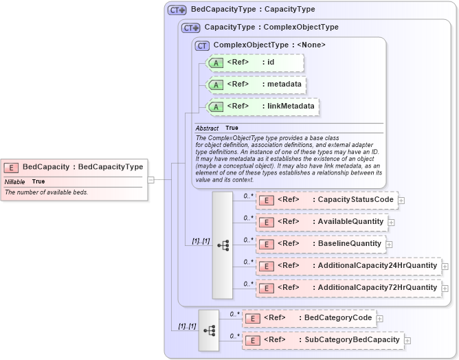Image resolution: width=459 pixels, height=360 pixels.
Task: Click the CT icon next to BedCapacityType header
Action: pyautogui.click(x=178, y=10)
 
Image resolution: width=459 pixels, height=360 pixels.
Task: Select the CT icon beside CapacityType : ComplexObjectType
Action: pyautogui.click(x=192, y=28)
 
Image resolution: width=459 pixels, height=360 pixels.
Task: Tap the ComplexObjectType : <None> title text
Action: pyautogui.click(x=269, y=45)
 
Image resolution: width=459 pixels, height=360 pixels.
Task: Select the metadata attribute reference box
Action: pyautogui.click(x=256, y=85)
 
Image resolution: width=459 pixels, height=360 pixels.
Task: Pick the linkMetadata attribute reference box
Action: pyautogui.click(x=263, y=106)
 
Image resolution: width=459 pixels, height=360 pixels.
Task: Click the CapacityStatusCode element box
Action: pyautogui.click(x=326, y=200)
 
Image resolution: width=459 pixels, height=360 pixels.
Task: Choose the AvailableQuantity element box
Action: pyautogui.click(x=321, y=222)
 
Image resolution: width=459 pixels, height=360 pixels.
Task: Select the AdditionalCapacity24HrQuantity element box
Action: pyautogui.click(x=348, y=266)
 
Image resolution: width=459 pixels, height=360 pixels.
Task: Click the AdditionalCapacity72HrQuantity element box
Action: pyautogui.click(x=348, y=287)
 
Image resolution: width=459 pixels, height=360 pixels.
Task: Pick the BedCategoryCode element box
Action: pyautogui.click(x=309, y=318)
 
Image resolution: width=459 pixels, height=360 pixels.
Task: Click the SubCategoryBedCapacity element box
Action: pyautogui.click(x=323, y=340)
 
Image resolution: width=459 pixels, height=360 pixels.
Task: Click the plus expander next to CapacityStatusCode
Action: pyautogui.click(x=401, y=201)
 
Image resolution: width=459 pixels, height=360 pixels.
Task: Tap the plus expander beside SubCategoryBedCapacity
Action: pyautogui.click(x=407, y=341)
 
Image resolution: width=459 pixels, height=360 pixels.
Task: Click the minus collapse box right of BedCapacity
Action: pyautogui.click(x=150, y=180)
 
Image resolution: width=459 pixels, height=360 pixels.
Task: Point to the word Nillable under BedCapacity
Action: pyautogui.click(x=15, y=181)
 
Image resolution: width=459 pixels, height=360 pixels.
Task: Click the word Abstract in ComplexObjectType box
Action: pyautogui.click(x=207, y=128)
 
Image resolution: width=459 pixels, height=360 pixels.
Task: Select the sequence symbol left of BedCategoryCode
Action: pyautogui.click(x=209, y=330)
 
